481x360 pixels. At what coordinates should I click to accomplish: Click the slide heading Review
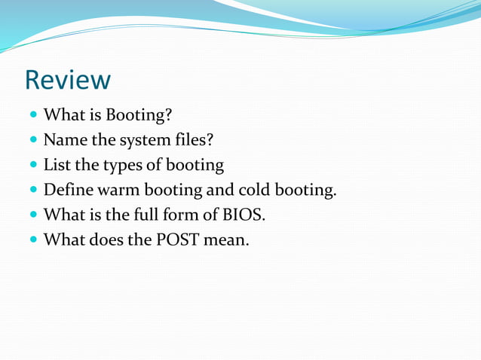coord(68,79)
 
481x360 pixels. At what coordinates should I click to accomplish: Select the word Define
coord(69,190)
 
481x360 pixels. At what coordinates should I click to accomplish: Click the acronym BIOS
coord(242,215)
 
